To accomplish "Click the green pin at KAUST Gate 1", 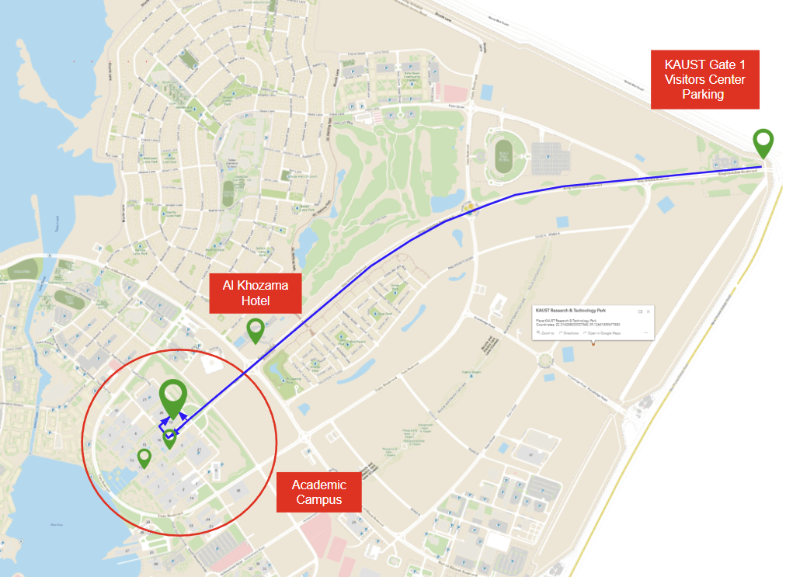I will tap(763, 142).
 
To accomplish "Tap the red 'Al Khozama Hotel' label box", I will tap(255, 293).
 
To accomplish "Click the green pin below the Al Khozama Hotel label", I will tap(255, 329).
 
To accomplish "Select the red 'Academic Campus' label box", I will tap(319, 492).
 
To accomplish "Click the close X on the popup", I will tap(648, 311).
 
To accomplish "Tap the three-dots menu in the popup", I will tap(645, 332).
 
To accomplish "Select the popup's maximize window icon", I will tap(640, 311).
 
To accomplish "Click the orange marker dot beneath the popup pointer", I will tap(593, 344).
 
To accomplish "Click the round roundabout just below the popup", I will tap(544, 360).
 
